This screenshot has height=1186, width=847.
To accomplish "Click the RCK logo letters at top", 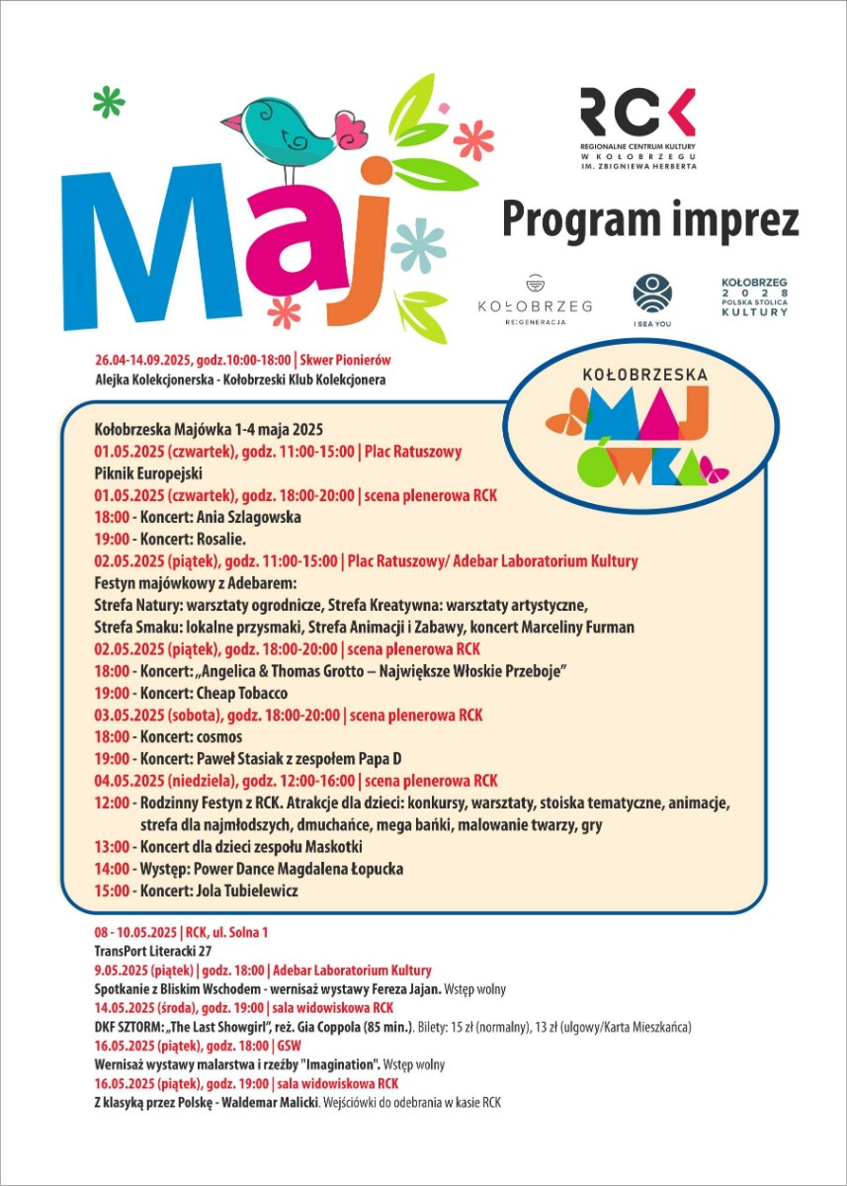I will tap(637, 112).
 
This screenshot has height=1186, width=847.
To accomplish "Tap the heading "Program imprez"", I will tap(649, 219).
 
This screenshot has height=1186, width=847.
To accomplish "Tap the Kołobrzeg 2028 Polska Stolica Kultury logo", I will tap(755, 296).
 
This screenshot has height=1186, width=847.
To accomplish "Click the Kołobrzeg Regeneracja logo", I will tap(535, 297).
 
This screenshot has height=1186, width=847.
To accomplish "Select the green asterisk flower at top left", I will tap(109, 102).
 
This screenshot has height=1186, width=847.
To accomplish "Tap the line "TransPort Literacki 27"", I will tap(153, 951).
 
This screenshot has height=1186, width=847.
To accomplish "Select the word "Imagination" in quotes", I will tap(339, 1065).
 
